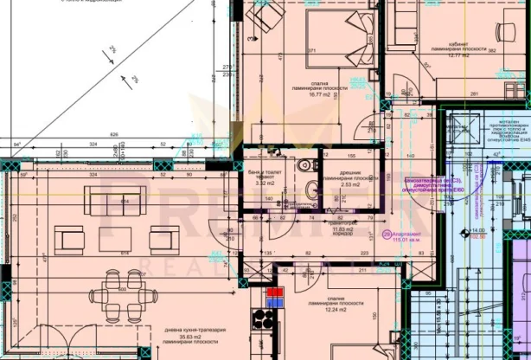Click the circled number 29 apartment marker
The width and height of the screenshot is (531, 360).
click(385, 235)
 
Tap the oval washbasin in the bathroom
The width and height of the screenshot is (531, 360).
click(310, 190)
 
